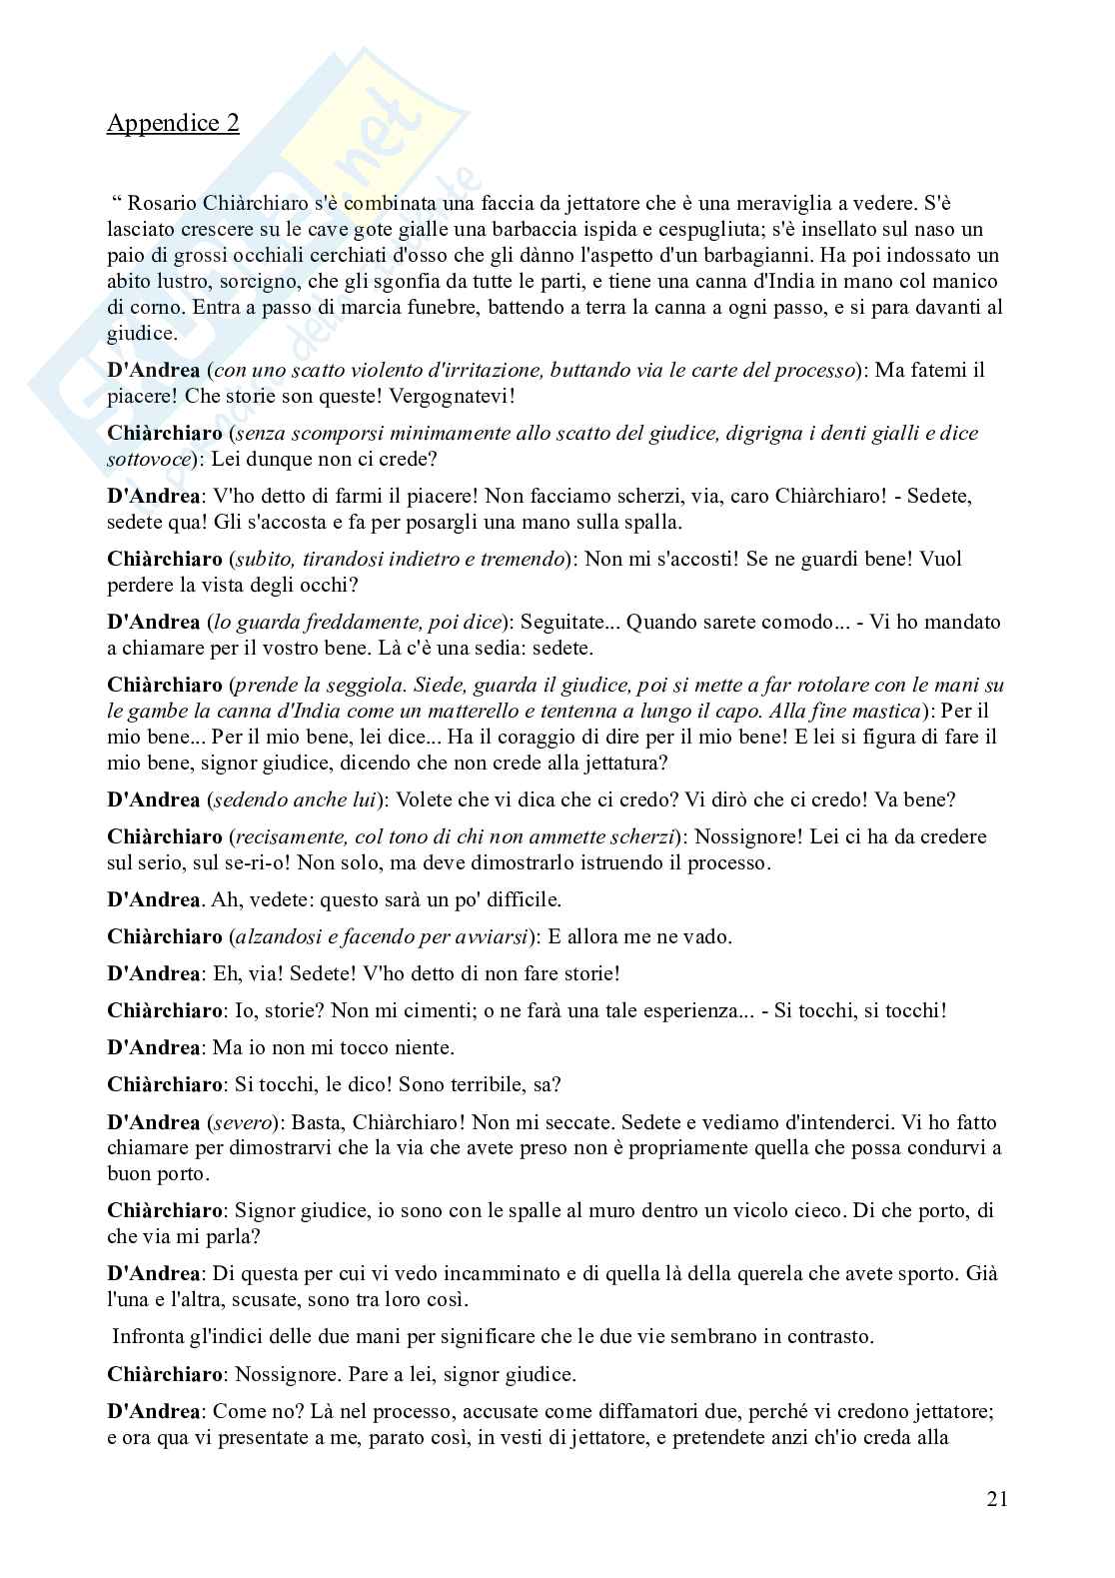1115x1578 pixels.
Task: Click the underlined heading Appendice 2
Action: pos(173,123)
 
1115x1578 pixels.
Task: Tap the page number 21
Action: pos(996,1498)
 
